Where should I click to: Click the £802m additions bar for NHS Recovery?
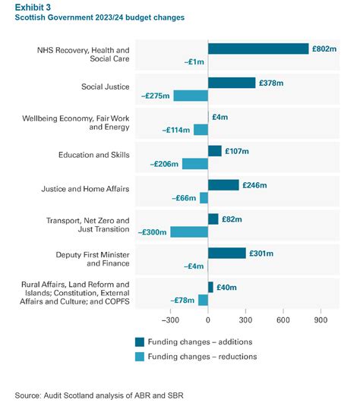(x=258, y=49)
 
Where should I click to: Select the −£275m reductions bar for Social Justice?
(x=191, y=96)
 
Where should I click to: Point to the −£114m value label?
(x=175, y=130)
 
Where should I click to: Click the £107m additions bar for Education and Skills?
(x=215, y=151)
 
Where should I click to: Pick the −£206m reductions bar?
(x=195, y=164)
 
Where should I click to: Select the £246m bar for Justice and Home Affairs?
(x=223, y=185)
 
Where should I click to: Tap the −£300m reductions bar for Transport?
(x=189, y=231)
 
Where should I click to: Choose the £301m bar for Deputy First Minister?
(x=227, y=253)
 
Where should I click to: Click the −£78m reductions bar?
(x=203, y=300)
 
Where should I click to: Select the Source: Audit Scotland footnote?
(x=93, y=394)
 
